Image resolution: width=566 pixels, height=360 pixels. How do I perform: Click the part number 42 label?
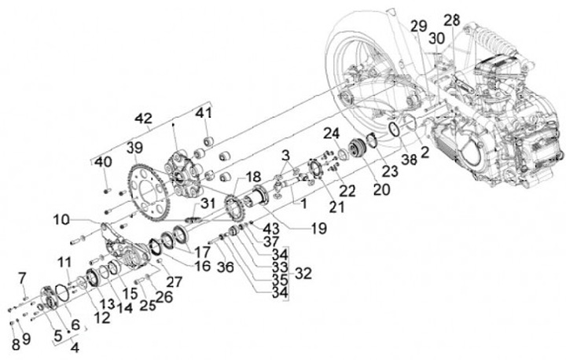[x=144, y=119]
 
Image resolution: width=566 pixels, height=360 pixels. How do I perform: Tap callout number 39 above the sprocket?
[x=135, y=148]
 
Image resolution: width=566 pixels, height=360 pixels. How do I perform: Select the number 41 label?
[x=204, y=113]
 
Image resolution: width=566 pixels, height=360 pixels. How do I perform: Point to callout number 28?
[x=452, y=20]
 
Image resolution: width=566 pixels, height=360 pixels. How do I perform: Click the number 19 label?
[x=318, y=228]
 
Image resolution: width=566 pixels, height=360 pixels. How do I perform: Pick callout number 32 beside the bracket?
[x=303, y=274]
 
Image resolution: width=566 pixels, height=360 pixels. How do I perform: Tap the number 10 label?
[x=61, y=219]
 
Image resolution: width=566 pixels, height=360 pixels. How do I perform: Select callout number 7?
[x=22, y=278]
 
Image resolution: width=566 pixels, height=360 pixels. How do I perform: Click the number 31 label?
[x=208, y=204]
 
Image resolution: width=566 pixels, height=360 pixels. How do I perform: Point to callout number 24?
[x=332, y=134]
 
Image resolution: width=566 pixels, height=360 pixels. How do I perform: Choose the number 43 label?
[x=271, y=228]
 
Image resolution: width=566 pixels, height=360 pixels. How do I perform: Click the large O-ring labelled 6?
[x=62, y=292]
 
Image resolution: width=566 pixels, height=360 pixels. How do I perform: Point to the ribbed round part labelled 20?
[x=357, y=147]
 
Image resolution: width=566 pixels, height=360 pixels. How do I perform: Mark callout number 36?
[x=226, y=266]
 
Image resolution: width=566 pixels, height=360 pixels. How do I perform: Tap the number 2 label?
[x=424, y=152]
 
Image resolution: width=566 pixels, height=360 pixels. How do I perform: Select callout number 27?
[x=174, y=281]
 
